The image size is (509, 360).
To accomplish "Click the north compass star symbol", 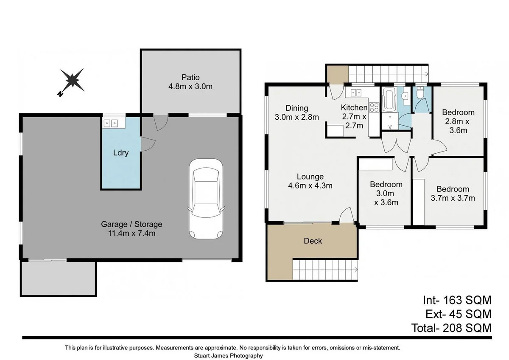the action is (x=72, y=81).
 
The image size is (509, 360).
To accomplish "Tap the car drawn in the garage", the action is (x=206, y=199).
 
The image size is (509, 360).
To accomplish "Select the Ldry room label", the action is (x=121, y=152).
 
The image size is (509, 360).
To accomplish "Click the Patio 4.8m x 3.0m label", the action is (x=190, y=82).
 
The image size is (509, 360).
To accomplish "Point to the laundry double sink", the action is (x=111, y=124).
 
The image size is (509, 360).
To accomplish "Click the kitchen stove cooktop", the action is (x=374, y=107).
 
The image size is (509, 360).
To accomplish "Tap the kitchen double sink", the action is (x=356, y=93).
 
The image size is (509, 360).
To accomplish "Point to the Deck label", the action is (x=313, y=241).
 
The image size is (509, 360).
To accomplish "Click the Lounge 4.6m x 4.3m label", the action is (x=310, y=181).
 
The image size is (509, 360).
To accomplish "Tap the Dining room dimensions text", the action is (x=297, y=117).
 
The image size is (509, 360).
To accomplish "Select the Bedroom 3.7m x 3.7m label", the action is (x=453, y=194).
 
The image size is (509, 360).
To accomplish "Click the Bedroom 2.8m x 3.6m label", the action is (x=458, y=121).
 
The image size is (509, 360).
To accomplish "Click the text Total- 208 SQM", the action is (x=451, y=328).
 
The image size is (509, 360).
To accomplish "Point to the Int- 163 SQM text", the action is (x=457, y=300).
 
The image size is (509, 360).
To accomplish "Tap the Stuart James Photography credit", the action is (x=228, y=356).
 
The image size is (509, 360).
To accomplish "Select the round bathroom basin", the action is (x=405, y=96).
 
